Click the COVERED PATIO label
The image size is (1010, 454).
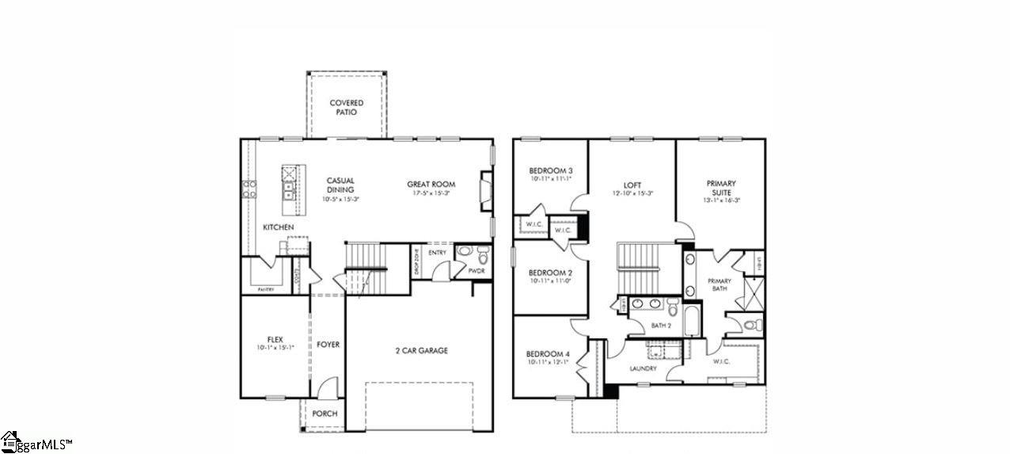(347, 107)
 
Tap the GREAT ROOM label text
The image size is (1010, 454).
(431, 184)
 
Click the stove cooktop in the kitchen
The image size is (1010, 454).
(249, 189)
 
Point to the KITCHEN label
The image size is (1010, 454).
(279, 227)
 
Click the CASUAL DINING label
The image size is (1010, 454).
(340, 185)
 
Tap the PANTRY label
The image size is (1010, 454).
(266, 289)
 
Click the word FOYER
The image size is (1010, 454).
(328, 345)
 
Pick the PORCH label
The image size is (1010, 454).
(325, 414)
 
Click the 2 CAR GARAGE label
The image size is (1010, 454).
(422, 350)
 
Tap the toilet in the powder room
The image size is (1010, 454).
(482, 254)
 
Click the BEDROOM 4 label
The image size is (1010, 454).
(548, 354)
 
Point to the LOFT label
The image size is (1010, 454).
(632, 185)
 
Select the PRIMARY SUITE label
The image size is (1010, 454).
(721, 188)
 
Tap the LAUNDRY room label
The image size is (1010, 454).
(644, 368)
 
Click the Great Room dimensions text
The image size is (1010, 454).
(431, 193)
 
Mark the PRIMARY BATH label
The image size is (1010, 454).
(720, 284)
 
